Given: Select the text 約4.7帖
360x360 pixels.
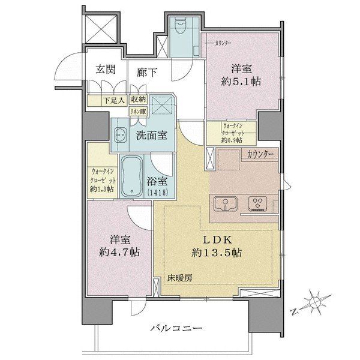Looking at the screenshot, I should tap(119, 252).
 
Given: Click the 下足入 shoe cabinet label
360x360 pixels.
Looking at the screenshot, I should tap(100, 101).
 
